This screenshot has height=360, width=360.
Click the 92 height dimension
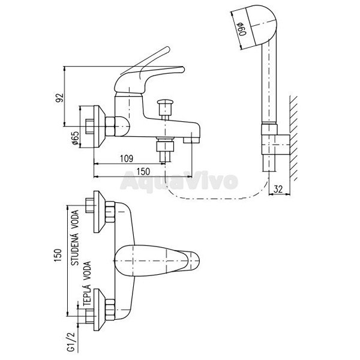(59, 98)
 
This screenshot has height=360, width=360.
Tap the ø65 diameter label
(76, 138)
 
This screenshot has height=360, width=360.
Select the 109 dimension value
(127, 158)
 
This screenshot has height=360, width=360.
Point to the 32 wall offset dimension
(278, 189)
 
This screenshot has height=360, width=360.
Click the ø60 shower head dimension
(242, 29)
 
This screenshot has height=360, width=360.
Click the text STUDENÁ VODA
(75, 238)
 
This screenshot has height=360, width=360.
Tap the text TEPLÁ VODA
(87, 283)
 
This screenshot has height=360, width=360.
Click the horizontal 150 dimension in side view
(143, 172)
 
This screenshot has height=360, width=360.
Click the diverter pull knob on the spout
(165, 105)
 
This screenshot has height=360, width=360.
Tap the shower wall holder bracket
(276, 145)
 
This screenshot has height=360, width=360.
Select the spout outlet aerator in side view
(191, 140)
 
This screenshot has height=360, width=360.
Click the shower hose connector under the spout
(165, 149)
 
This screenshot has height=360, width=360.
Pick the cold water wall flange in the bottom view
(99, 212)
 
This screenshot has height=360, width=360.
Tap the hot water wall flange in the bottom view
(99, 310)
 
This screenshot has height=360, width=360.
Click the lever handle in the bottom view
(157, 260)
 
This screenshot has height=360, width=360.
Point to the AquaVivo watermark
(179, 182)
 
